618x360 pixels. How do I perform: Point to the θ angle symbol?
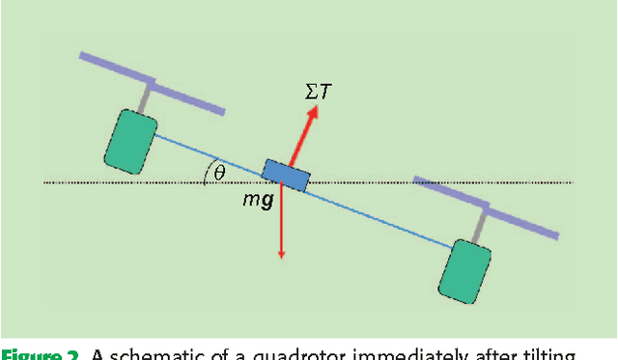[x=219, y=172]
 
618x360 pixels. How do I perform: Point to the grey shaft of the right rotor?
[x=476, y=224]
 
